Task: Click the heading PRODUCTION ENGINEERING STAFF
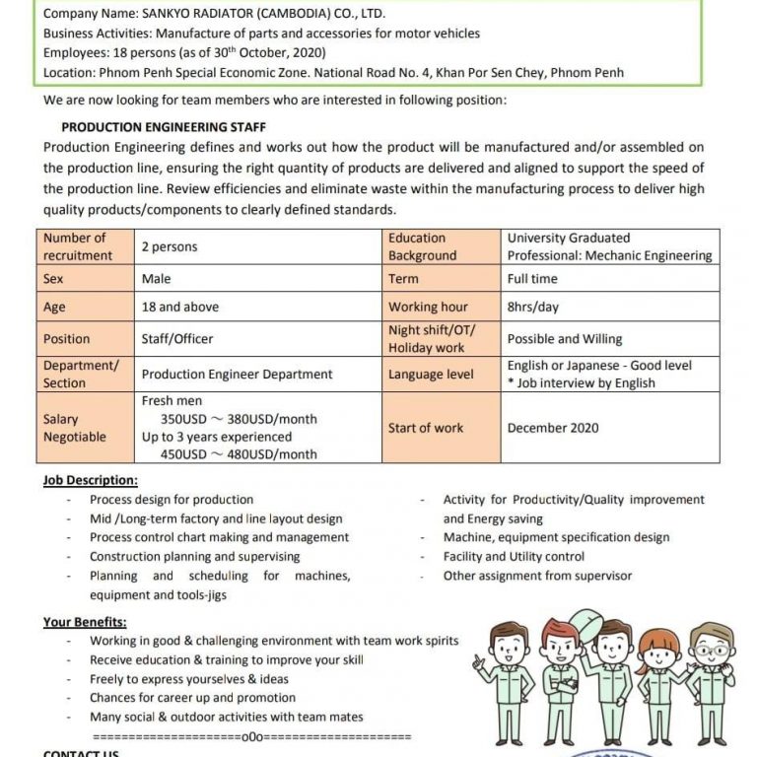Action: point(164,127)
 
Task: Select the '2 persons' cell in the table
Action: point(170,246)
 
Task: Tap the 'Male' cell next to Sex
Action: point(156,279)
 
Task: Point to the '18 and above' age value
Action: point(180,307)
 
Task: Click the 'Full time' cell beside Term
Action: point(532,279)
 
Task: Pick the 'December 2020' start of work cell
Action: point(552,428)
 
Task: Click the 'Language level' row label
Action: point(431,375)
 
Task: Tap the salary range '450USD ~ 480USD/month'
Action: point(239,454)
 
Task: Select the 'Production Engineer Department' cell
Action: point(238,375)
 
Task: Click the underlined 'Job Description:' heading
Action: point(91,480)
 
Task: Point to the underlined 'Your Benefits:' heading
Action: point(85,622)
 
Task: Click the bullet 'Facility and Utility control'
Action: point(514,557)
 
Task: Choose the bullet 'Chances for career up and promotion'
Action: point(192,698)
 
